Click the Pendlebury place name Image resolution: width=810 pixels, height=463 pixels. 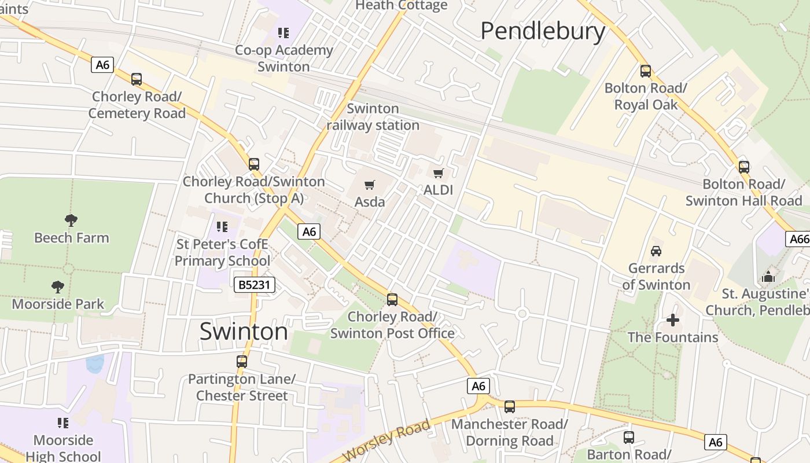[543, 31]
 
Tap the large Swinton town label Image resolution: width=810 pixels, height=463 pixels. [244, 332]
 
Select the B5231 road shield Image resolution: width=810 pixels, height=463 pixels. [254, 285]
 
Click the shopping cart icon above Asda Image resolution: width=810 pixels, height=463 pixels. [370, 185]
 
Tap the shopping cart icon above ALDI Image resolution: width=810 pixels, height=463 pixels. [439, 173]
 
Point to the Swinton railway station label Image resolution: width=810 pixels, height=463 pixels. [373, 117]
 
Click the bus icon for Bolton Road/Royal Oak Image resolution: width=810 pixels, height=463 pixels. [646, 71]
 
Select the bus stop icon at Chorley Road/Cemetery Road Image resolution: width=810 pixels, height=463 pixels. [137, 79]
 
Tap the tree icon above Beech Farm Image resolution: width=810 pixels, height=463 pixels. [71, 220]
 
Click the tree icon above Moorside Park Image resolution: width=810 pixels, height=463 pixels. [58, 286]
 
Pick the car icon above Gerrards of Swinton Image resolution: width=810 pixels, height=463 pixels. [656, 251]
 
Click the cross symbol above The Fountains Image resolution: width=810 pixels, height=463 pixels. [672, 319]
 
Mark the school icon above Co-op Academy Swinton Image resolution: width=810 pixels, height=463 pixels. [283, 33]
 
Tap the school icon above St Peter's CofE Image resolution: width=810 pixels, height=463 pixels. [222, 226]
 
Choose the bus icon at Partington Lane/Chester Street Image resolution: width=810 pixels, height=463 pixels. [242, 362]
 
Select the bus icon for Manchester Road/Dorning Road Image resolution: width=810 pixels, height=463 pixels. [510, 407]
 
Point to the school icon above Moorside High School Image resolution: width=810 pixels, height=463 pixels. [63, 423]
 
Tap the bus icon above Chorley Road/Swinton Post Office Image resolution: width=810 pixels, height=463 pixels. [392, 300]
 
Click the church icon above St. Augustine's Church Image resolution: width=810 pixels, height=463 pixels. [768, 277]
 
